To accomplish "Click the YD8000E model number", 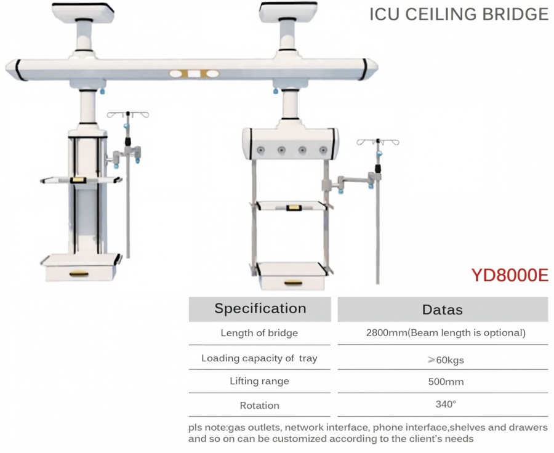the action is [x=510, y=275].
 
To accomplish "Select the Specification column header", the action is [x=260, y=308].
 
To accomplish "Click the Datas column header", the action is [x=443, y=310].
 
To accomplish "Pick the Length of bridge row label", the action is [x=259, y=333].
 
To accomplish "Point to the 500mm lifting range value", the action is [x=446, y=382].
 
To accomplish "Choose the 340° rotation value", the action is [x=446, y=404].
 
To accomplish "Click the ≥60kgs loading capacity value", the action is [x=446, y=360].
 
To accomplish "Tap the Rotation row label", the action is [x=259, y=405].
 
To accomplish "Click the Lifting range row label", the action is [x=259, y=381].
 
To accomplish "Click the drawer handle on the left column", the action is [x=80, y=274].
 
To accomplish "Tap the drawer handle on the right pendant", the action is [x=293, y=283].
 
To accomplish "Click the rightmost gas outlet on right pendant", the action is [x=323, y=150].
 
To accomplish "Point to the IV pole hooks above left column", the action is [x=128, y=114].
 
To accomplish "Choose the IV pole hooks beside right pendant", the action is [x=378, y=142].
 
